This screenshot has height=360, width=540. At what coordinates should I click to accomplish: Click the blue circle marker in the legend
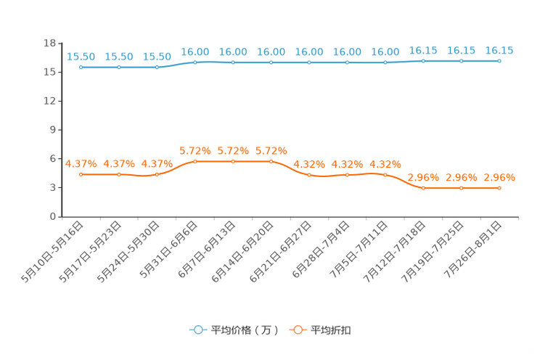197,330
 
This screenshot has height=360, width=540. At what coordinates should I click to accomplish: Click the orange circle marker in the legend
296,330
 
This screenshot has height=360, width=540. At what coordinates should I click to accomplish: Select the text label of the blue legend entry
245,330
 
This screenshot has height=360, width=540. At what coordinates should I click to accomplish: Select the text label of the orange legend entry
331,330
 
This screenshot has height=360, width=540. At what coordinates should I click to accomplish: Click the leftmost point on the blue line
81,67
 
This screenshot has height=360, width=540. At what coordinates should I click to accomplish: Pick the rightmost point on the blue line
499,62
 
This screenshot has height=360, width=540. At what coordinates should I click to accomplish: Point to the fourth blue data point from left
195,62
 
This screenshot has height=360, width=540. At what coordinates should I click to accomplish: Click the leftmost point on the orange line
81,174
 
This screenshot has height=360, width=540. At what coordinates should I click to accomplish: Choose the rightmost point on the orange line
499,189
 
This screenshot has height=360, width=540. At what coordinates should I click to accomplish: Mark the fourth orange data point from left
195,161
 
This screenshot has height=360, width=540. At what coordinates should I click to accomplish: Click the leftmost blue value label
81,57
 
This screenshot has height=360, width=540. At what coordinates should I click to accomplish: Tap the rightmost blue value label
499,50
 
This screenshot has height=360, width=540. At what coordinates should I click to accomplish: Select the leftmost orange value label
81,163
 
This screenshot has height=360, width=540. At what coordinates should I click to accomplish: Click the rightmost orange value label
499,177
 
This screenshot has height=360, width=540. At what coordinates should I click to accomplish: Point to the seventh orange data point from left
309,175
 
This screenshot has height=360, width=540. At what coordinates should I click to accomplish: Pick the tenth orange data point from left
423,189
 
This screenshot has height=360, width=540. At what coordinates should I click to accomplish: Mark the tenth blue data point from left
423,62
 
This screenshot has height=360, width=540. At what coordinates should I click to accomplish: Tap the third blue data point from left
157,67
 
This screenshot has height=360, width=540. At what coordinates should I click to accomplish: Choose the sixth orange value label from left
271,151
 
